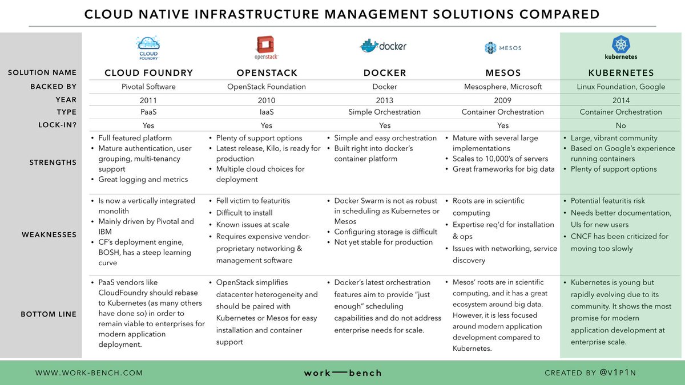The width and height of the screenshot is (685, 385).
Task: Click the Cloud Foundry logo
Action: tap(148, 47)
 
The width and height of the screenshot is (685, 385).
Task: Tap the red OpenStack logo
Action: tap(267, 45)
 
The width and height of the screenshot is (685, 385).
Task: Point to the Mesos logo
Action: tap(502, 48)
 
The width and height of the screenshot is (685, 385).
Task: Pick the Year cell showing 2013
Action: tap(385, 99)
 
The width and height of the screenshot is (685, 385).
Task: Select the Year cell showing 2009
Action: tap(502, 99)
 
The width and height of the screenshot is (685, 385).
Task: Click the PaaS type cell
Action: tap(148, 112)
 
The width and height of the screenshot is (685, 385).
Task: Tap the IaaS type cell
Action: tap(267, 112)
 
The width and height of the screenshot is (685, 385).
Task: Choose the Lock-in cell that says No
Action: tap(620, 125)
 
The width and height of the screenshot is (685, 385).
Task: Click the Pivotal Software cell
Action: tap(148, 87)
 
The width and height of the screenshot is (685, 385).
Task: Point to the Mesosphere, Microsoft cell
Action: tap(502, 87)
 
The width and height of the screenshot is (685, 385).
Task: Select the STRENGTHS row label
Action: tap(53, 163)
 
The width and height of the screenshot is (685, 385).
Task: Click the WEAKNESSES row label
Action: tap(49, 234)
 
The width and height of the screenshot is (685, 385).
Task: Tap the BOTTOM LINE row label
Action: tap(49, 314)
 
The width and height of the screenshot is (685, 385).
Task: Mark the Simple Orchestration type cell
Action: tap(385, 112)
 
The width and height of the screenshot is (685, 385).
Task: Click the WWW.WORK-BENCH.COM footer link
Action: tap(89, 373)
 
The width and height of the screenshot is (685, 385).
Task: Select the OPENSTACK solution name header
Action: tap(267, 73)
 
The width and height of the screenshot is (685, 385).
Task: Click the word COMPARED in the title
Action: tap(552, 14)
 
